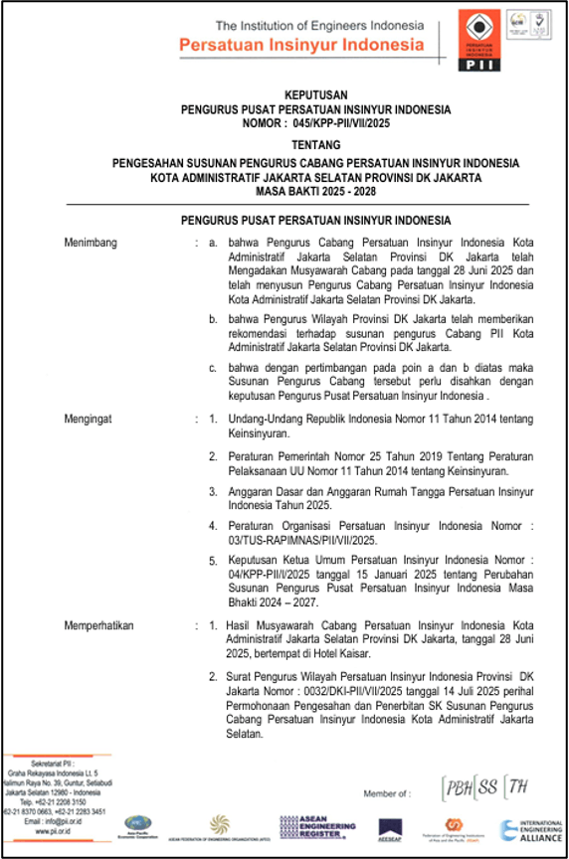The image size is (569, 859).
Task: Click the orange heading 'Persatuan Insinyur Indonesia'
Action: tap(301, 46)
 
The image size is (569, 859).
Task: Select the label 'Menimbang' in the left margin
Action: tap(91, 242)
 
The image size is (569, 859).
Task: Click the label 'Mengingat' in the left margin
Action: tap(89, 419)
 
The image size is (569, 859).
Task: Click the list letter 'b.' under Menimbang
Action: tap(213, 319)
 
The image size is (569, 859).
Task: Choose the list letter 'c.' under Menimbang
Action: tap(213, 367)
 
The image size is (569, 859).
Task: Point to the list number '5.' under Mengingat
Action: tap(213, 561)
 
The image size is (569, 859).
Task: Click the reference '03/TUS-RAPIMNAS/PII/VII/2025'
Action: tap(302, 540)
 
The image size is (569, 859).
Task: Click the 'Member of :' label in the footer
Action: tap(386, 793)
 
